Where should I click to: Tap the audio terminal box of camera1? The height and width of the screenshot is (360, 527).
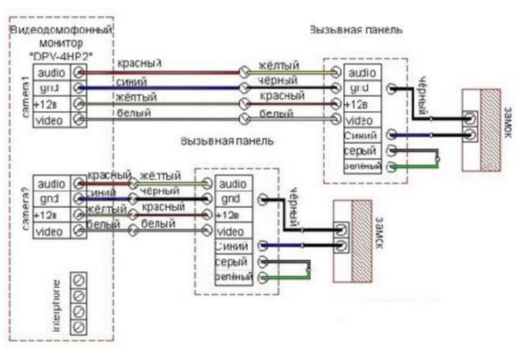click(50, 73)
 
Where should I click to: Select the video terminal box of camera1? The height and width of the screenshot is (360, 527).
click(50, 119)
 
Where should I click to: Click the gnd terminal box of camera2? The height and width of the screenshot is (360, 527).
click(50, 198)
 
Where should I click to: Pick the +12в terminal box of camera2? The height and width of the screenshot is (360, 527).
click(50, 214)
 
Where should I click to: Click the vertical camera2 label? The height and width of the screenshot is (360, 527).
click(26, 207)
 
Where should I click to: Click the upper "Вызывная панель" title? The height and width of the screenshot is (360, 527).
click(355, 29)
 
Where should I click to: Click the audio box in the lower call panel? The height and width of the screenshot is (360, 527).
click(233, 185)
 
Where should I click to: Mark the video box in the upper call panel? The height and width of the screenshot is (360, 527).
click(361, 119)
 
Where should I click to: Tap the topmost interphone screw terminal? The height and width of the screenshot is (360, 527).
click(78, 281)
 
